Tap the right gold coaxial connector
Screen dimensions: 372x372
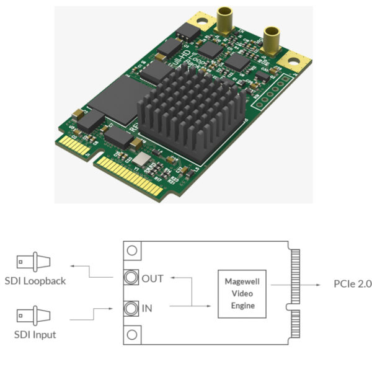point(270,41)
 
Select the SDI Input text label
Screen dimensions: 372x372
point(36,335)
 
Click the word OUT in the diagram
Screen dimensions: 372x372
point(153,278)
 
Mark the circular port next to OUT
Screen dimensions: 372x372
point(131,278)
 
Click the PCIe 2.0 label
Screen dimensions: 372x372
point(352,284)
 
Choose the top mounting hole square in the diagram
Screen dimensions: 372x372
point(131,250)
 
